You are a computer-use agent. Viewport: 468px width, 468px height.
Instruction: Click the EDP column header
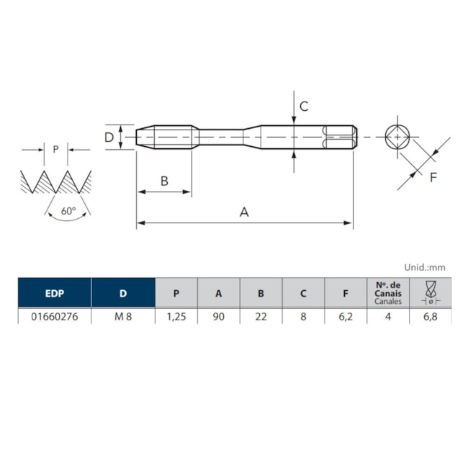click(x=55, y=293)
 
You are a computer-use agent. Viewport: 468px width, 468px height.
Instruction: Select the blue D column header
click(x=123, y=293)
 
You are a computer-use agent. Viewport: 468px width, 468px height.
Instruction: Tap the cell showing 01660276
click(x=55, y=316)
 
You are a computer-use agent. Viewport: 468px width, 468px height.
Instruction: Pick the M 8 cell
click(x=123, y=316)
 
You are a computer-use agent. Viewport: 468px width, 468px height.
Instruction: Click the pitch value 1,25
click(x=176, y=316)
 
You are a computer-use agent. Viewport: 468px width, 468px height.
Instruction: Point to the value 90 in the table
click(x=219, y=316)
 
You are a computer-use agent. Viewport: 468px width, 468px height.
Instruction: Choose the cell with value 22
click(x=261, y=316)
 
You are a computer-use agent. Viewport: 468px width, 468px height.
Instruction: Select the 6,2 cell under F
click(x=346, y=316)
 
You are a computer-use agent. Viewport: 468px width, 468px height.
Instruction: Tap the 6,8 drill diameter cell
click(x=431, y=316)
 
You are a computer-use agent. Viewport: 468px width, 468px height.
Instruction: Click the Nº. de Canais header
click(x=388, y=293)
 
